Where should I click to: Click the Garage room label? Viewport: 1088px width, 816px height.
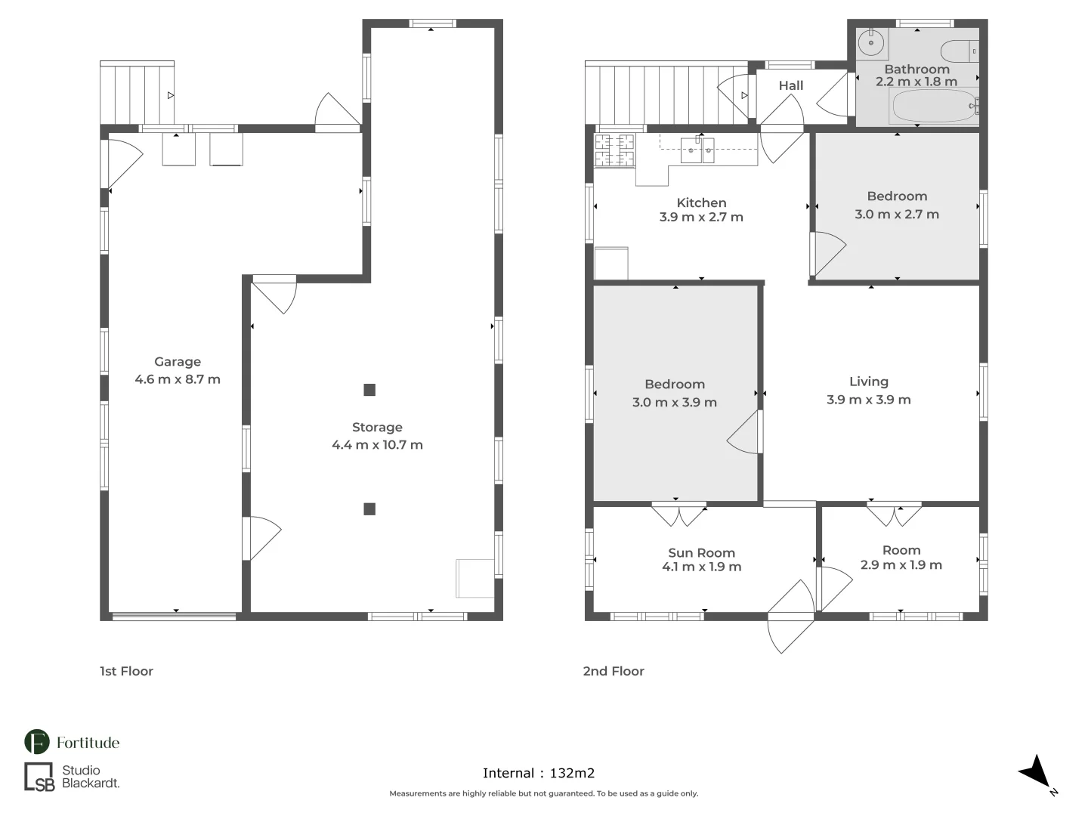coord(178,362)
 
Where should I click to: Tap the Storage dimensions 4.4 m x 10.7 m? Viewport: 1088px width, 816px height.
coord(377,445)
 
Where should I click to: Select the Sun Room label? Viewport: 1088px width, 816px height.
coord(701,553)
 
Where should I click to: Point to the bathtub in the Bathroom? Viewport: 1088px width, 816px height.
coord(935,106)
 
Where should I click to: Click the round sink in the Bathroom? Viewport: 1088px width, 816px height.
coord(871,42)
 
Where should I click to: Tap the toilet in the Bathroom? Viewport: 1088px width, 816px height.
coord(960,51)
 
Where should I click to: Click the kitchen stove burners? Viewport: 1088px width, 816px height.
coord(614,150)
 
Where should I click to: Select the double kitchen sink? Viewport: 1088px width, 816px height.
coord(697,150)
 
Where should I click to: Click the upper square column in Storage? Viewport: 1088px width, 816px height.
coord(369,390)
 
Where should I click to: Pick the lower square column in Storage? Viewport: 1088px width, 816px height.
coord(369,508)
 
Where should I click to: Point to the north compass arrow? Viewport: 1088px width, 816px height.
coord(1037,772)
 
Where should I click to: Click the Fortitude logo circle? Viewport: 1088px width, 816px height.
coord(37,742)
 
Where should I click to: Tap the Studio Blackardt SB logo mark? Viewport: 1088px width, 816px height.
coord(39,777)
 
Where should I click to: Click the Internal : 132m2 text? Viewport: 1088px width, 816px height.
coord(539,773)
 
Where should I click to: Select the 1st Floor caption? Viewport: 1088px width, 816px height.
coord(126,672)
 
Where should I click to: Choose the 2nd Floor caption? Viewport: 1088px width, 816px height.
coord(614,672)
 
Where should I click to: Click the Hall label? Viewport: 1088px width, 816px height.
coord(790,85)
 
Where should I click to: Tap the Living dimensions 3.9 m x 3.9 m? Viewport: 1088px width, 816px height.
coord(868,400)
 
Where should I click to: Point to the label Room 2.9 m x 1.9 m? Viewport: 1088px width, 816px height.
coord(901,558)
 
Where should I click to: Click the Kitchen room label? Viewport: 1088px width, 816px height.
coord(701,202)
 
